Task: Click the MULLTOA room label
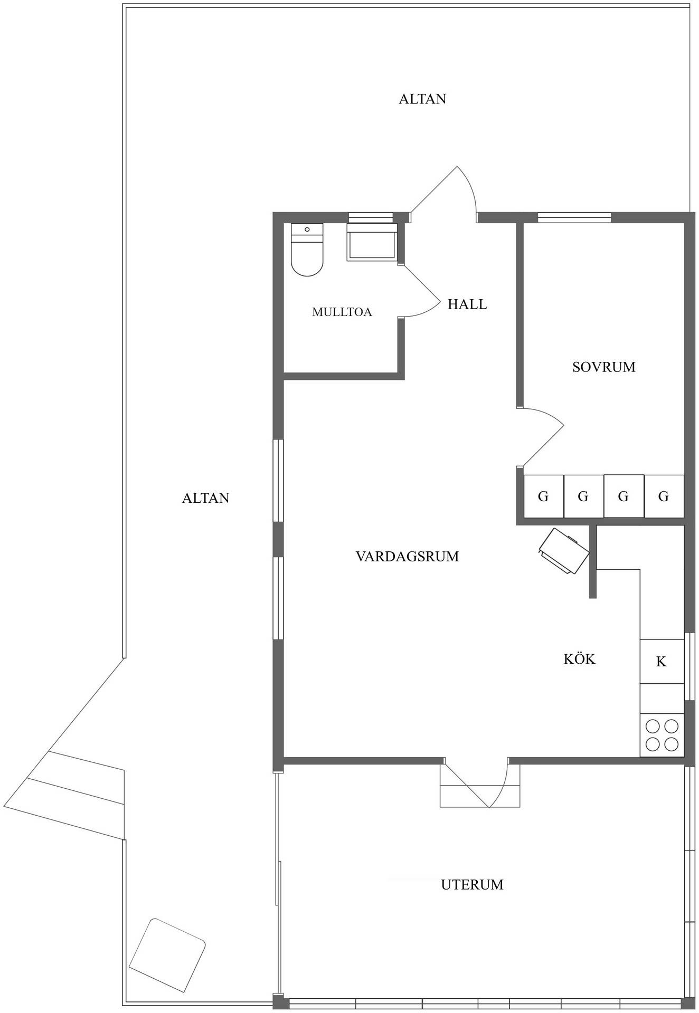tap(342, 312)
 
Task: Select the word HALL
tap(467, 304)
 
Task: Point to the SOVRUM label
tap(604, 367)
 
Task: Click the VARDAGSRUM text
tap(407, 556)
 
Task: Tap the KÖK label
tap(579, 658)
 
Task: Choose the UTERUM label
tap(472, 884)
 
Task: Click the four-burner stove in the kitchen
tap(662, 735)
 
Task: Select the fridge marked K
tap(662, 661)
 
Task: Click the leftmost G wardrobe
tap(543, 496)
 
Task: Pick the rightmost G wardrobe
tap(664, 496)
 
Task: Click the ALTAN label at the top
tap(422, 99)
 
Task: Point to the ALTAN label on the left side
tap(205, 498)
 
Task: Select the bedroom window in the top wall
tap(574, 217)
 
